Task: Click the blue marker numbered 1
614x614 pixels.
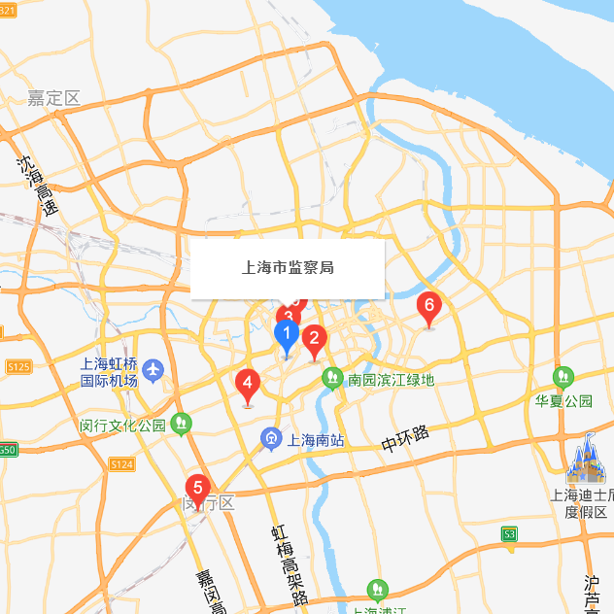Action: click(287, 337)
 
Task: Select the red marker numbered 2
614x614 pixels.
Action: click(314, 339)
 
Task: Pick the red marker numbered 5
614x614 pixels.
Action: click(198, 488)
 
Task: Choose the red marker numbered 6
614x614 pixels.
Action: click(428, 307)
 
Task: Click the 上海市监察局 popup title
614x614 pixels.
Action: click(288, 267)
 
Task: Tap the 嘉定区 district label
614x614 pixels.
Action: click(53, 97)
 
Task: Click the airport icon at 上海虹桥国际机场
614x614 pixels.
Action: click(153, 370)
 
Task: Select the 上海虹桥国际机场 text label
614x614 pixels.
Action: click(108, 372)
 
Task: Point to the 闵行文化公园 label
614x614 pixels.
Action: click(123, 426)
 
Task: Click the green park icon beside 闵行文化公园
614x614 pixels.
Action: click(180, 424)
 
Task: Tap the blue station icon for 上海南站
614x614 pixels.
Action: click(271, 440)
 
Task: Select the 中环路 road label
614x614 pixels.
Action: click(405, 440)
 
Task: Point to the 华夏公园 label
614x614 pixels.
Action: click(563, 400)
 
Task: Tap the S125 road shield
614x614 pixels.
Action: click(17, 366)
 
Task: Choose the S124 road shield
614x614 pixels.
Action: click(121, 464)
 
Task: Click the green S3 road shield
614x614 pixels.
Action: click(509, 533)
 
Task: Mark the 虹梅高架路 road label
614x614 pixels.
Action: click(289, 564)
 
